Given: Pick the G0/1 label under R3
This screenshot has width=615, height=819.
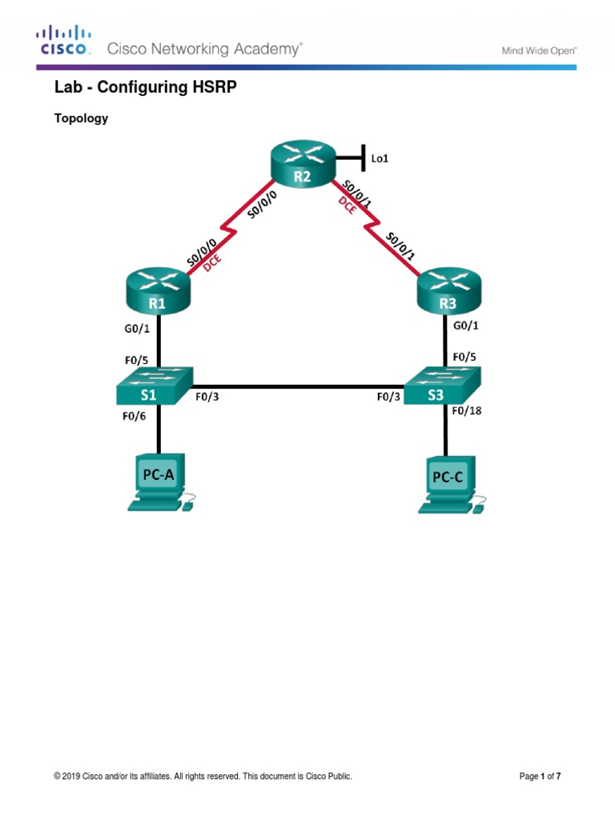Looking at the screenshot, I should coord(468,326).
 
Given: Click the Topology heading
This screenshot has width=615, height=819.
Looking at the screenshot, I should coord(81,118).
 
